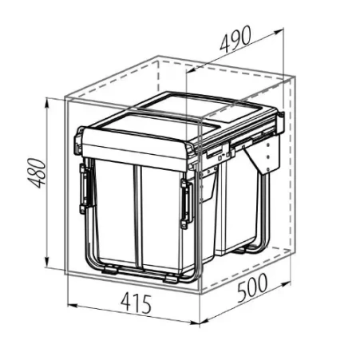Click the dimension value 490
pos(235,38)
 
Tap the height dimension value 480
pos(37,173)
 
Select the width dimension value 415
pos(136,303)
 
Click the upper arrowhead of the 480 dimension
pos(47,102)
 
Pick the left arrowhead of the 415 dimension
pos(73,306)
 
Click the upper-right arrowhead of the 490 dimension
pos(279,31)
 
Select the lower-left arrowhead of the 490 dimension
pos(191,70)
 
